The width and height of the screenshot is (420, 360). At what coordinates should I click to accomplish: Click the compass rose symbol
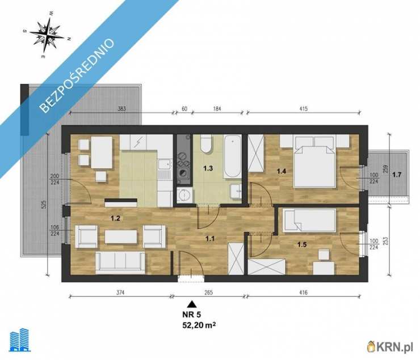47,35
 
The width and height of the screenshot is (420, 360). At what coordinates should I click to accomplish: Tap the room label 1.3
208,168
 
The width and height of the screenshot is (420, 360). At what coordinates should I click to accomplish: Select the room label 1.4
282,171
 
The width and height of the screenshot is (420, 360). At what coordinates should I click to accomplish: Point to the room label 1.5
302,244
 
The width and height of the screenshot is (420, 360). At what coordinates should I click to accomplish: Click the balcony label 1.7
397,175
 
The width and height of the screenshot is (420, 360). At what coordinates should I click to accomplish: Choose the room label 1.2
115,218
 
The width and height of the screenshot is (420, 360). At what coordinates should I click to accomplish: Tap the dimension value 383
122,109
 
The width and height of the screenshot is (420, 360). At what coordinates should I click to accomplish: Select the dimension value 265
208,293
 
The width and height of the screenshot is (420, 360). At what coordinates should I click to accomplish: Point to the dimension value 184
217,109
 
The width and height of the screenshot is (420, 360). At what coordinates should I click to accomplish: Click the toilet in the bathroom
206,144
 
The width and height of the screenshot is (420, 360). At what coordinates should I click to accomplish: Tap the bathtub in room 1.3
232,156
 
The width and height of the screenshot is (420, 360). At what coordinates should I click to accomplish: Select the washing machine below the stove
184,194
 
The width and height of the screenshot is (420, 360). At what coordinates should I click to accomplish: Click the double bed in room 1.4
314,162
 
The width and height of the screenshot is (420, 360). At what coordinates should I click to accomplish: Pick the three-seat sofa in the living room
120,263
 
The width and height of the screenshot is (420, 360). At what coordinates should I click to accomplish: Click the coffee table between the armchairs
121,237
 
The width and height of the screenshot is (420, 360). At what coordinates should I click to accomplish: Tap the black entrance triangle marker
191,304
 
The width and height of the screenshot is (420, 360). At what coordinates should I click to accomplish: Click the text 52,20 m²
199,325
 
